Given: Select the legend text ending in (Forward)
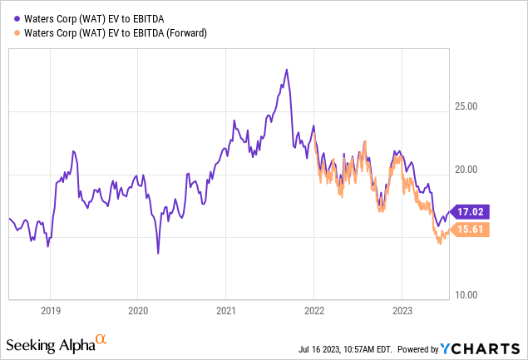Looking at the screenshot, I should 116,33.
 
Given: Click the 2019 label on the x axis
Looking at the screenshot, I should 50,311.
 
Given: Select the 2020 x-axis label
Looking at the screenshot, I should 138,311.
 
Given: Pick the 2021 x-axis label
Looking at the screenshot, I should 226,311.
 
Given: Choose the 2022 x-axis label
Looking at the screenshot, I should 313,311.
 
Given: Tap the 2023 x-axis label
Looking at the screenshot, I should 402,311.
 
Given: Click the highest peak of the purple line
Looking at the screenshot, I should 286,69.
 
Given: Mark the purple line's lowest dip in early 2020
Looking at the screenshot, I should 158,253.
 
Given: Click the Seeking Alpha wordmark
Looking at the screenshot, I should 49,343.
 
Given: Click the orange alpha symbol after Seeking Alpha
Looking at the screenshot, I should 101,340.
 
